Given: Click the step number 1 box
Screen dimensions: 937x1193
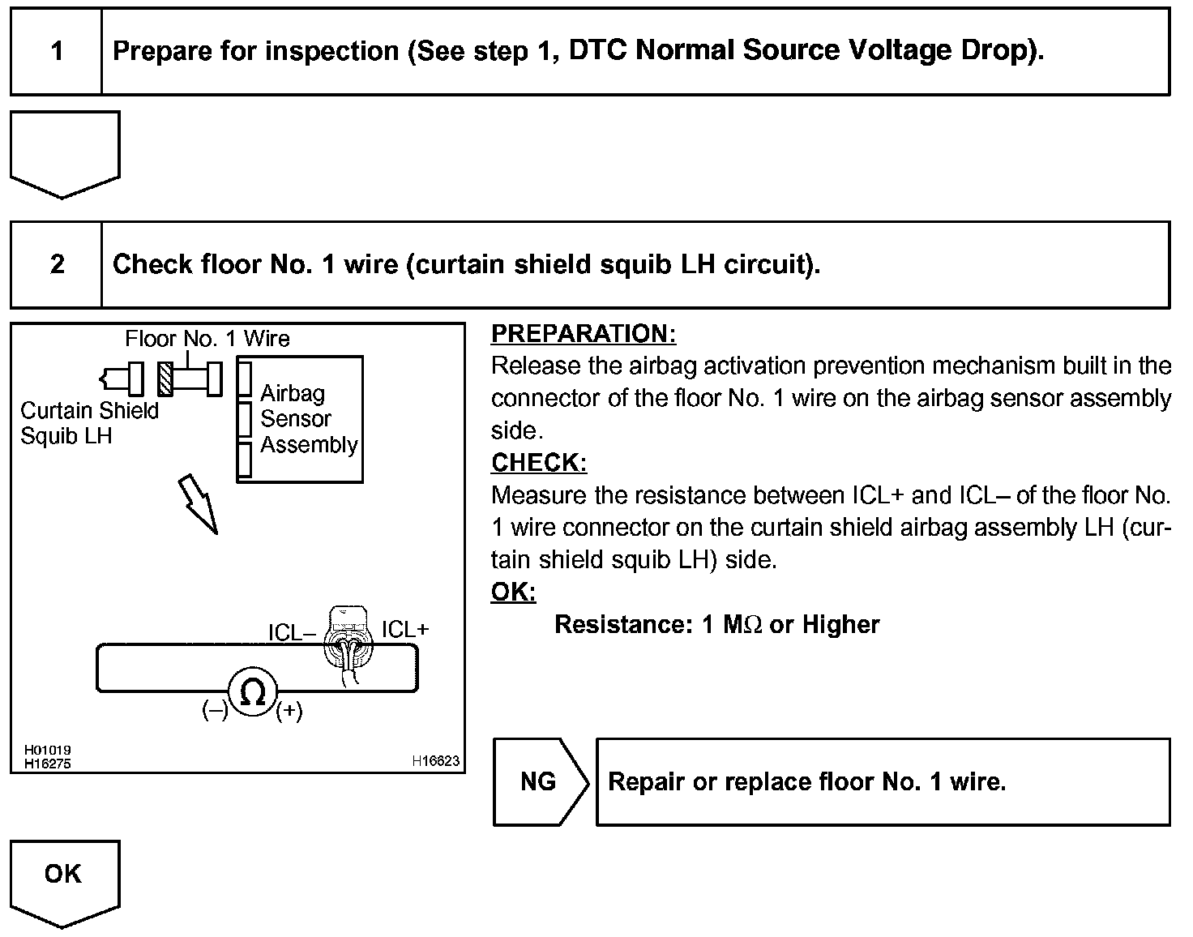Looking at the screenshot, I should click(x=56, y=52).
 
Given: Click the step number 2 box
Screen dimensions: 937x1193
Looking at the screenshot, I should click(x=57, y=264).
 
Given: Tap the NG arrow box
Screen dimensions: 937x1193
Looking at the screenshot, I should click(x=540, y=782).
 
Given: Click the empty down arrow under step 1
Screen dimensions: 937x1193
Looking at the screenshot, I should click(x=64, y=152).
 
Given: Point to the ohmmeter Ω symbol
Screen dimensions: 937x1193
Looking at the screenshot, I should click(x=253, y=692).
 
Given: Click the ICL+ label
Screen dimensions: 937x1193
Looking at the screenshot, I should click(x=405, y=630).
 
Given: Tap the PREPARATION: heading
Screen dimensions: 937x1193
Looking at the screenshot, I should click(x=583, y=334).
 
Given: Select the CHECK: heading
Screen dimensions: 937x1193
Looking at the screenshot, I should click(x=538, y=463).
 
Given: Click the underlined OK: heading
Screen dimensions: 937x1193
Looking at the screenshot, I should click(x=513, y=593).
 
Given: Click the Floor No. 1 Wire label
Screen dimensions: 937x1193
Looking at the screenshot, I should click(x=207, y=339).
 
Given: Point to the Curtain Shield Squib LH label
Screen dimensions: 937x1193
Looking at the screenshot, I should click(x=89, y=423).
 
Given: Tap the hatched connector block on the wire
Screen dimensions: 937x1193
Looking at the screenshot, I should click(x=166, y=379).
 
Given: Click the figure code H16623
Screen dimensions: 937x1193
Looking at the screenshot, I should click(x=435, y=761).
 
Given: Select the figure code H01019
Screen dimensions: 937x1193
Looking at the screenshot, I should click(x=47, y=751).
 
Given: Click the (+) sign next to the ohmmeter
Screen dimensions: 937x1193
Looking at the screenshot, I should click(x=289, y=712).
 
